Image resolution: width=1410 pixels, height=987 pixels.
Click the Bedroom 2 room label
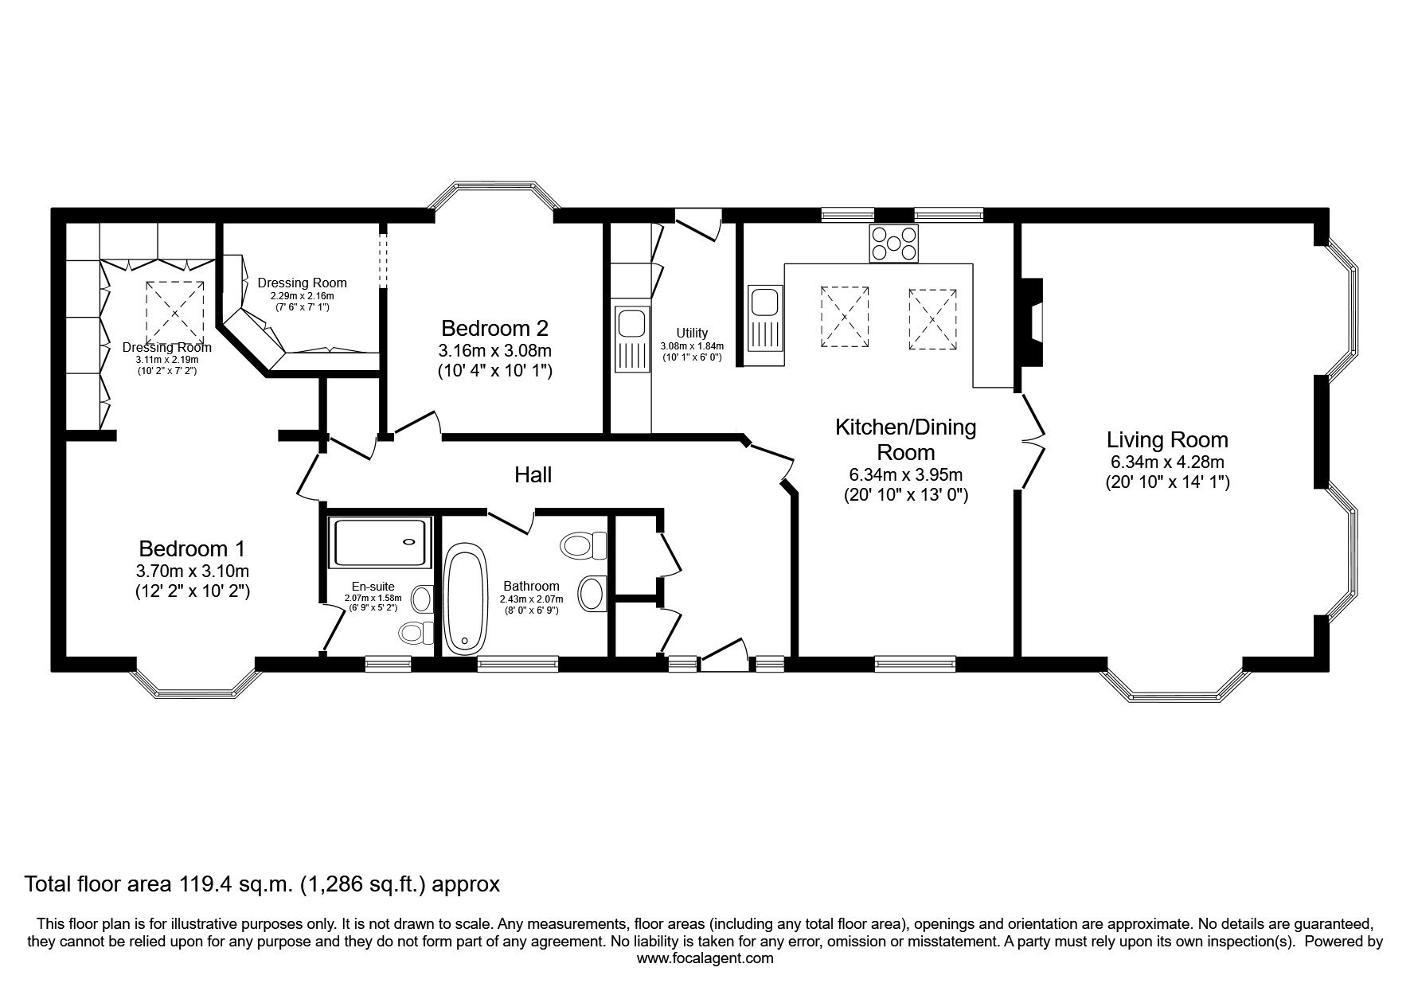pyautogui.click(x=494, y=328)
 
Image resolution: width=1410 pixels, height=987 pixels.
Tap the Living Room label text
pyautogui.click(x=1167, y=439)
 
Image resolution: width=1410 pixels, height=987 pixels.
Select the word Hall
pyautogui.click(x=533, y=475)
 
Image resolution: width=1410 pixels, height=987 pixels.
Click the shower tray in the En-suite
pyautogui.click(x=380, y=541)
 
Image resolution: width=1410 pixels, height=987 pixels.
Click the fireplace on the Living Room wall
pyautogui.click(x=1032, y=322)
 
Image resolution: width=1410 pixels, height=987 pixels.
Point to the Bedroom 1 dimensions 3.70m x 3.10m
pyautogui.click(x=192, y=571)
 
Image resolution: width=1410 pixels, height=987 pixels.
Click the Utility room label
pyautogui.click(x=692, y=334)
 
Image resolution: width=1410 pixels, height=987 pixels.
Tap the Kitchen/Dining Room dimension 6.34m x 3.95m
pyautogui.click(x=905, y=474)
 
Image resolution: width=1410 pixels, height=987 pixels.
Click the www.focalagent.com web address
pyautogui.click(x=705, y=958)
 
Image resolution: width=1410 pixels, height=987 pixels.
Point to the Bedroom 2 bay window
pyautogui.click(x=494, y=196)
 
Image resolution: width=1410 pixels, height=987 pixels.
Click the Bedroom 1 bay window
pyautogui.click(x=197, y=679)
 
